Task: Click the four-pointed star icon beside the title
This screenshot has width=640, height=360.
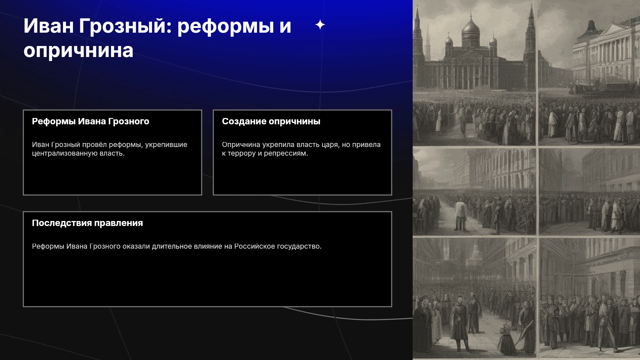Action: coord(320,25)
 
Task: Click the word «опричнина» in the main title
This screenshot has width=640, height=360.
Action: coord(78,51)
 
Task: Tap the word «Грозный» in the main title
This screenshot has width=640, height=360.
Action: coord(125,26)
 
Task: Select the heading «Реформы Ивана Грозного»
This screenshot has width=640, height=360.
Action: coord(91,121)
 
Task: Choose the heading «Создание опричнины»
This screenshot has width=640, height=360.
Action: coord(271,121)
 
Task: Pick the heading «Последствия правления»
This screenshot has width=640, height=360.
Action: coord(87,223)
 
